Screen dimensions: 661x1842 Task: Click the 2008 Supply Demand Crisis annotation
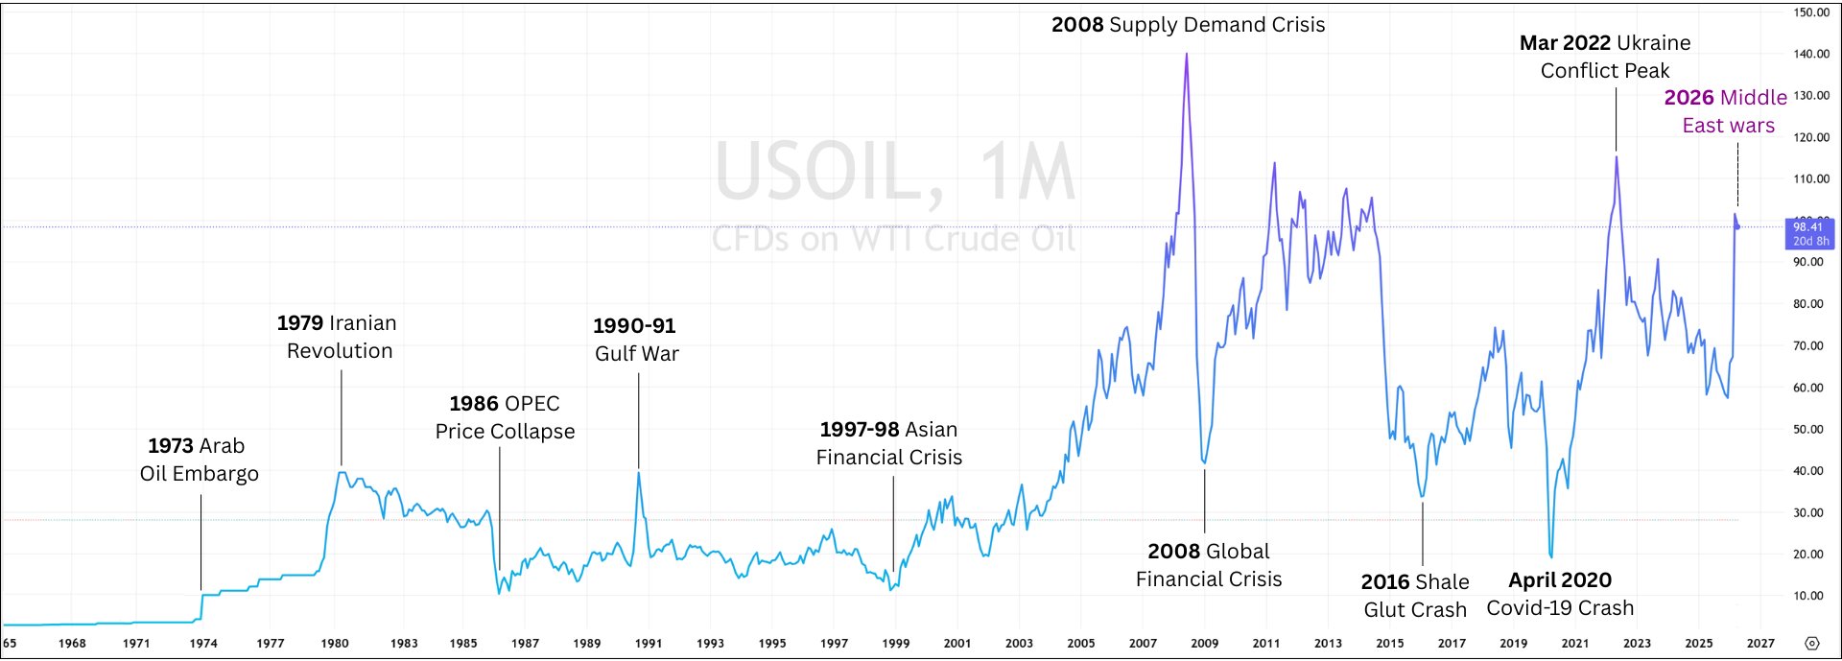click(x=1188, y=25)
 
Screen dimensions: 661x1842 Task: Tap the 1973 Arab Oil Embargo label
click(x=199, y=460)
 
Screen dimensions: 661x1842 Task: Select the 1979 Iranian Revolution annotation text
click(x=338, y=337)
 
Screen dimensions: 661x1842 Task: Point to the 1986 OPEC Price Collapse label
click(x=505, y=417)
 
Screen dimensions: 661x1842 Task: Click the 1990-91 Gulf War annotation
click(x=636, y=340)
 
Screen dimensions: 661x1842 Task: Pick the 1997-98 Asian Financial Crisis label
click(x=888, y=443)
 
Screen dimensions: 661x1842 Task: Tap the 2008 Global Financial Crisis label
click(x=1208, y=565)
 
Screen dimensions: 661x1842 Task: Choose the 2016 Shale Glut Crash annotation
click(x=1415, y=596)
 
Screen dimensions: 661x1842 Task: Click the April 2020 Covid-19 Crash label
click(x=1560, y=594)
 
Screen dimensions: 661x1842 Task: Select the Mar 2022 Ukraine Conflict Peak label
click(x=1605, y=57)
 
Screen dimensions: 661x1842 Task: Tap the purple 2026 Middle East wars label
click(x=1727, y=111)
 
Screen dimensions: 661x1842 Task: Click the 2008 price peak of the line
click(x=1187, y=54)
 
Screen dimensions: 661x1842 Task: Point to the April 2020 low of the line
click(x=1550, y=555)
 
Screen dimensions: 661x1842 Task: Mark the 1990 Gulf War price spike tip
click(x=639, y=472)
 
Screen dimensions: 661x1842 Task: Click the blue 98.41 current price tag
click(x=1808, y=233)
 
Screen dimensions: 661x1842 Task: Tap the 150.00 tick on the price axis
click(x=1811, y=12)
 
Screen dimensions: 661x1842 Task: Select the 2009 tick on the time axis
click(x=1205, y=643)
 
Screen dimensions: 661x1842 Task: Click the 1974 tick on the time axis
click(x=203, y=643)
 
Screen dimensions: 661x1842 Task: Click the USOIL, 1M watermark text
click(x=895, y=173)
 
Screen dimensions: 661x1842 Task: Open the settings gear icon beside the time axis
click(x=1811, y=643)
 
